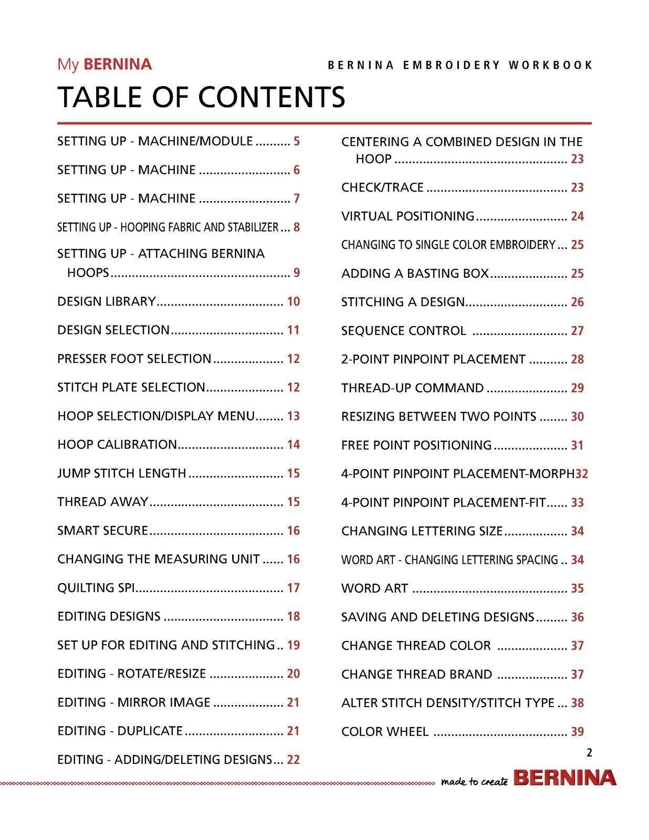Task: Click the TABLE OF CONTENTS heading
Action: [201, 97]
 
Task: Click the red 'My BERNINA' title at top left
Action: [104, 64]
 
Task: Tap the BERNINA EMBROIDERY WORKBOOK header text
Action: [460, 65]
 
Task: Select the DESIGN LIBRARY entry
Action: [107, 301]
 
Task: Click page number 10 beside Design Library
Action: [293, 301]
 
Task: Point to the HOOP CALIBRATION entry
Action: [117, 445]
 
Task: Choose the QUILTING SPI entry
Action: [96, 588]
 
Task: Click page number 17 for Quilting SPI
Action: [293, 588]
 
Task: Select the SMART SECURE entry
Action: [103, 531]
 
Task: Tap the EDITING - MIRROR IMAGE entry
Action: [134, 702]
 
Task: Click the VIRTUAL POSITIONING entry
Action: [407, 216]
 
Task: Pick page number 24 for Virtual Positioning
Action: [577, 216]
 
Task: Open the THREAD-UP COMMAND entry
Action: [412, 388]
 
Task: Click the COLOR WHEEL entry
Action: [385, 732]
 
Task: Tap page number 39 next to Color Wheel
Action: [577, 732]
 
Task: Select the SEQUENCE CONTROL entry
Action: [403, 331]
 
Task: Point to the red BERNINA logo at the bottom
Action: [565, 778]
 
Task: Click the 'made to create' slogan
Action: [474, 782]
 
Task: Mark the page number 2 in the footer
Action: [589, 753]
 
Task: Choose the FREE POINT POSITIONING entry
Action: [416, 445]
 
